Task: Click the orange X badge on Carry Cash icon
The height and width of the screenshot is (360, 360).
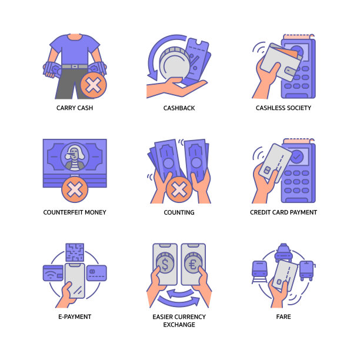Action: coord(93,85)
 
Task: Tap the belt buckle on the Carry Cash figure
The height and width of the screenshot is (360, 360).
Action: coord(75,66)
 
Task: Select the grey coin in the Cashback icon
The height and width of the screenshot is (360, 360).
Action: coord(175,63)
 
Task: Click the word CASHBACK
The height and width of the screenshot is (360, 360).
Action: coord(179,108)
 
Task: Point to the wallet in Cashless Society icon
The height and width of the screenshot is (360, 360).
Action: coord(281,62)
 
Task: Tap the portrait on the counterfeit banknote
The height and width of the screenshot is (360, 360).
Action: coord(75,157)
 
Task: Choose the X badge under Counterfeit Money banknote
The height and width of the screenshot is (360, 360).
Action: coord(75,189)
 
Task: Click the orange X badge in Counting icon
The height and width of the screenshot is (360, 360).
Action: coord(179,189)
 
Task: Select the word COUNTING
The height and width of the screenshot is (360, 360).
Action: coord(179,212)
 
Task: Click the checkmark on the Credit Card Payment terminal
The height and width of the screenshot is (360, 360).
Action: coord(297,156)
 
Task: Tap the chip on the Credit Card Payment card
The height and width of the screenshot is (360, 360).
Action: coord(267,170)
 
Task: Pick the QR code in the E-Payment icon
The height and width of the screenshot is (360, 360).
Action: coord(75,252)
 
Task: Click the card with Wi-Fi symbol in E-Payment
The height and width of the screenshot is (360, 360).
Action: coord(53,273)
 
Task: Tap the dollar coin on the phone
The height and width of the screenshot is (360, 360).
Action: coord(165,263)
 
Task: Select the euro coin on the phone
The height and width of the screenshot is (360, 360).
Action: coord(193,263)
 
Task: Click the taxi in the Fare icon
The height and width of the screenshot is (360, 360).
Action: coord(284,252)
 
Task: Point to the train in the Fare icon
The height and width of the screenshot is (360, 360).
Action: coord(259,272)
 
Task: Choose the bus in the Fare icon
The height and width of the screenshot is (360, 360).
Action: coord(307,271)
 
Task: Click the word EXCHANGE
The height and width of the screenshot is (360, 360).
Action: coord(179,325)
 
